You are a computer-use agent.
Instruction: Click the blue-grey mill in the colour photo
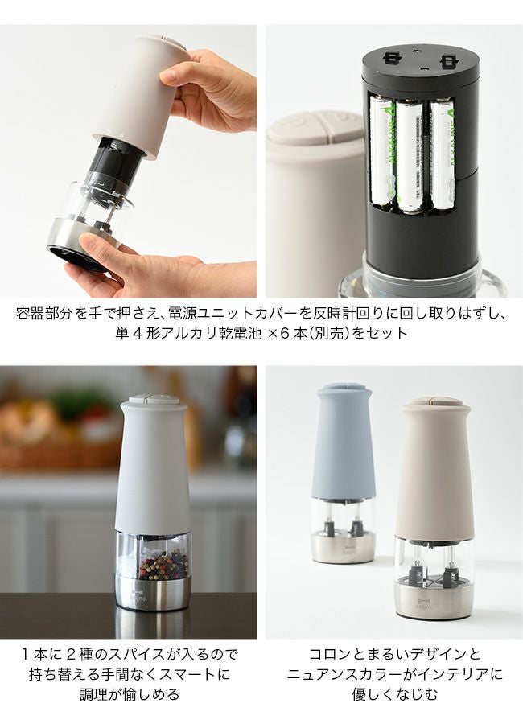coord(344,471)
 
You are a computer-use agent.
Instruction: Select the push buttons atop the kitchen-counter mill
coord(154,400)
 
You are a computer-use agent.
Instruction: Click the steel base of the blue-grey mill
coord(344,548)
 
